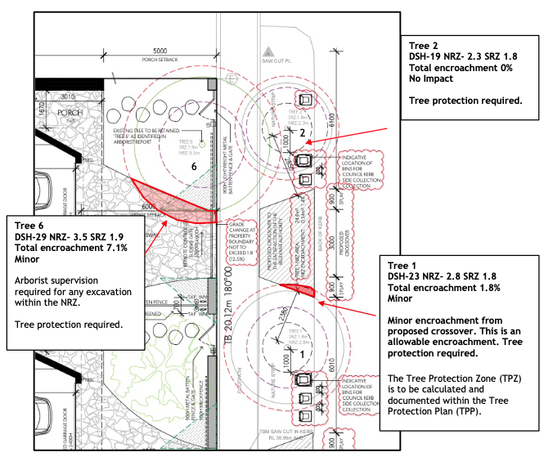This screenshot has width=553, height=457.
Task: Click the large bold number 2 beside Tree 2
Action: point(301,132)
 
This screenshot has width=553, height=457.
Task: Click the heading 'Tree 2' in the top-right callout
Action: point(425,45)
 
